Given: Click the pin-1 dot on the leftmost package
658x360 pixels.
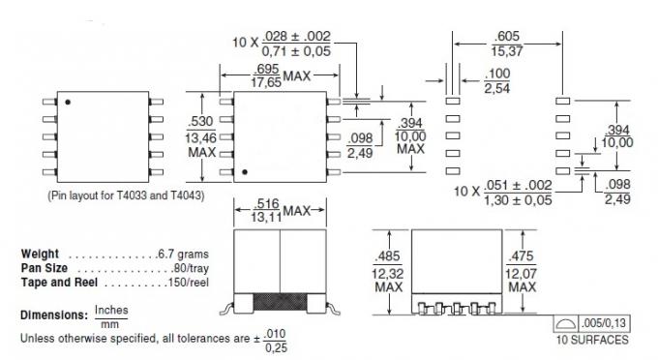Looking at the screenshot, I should pyautogui.click(x=69, y=101).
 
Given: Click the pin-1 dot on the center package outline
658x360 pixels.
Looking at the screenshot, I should pyautogui.click(x=246, y=172).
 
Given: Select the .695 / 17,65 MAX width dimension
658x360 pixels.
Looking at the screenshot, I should pyautogui.click(x=267, y=77).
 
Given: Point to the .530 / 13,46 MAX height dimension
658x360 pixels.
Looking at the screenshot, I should pyautogui.click(x=200, y=135).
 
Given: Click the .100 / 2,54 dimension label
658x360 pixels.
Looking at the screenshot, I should pyautogui.click(x=498, y=80).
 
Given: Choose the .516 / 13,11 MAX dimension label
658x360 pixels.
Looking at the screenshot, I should pyautogui.click(x=268, y=211).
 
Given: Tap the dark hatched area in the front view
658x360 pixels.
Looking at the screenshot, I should pyautogui.click(x=280, y=302).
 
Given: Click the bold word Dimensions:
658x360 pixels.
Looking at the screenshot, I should pyautogui.click(x=54, y=316).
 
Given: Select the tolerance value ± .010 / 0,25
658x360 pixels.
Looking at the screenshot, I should pyautogui.click(x=274, y=339).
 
